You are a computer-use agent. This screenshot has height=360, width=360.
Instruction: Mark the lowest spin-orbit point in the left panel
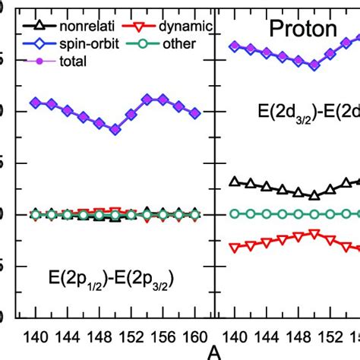pyautogui.click(x=115, y=130)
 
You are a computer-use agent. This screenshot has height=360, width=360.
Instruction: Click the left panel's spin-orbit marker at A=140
pyautogui.click(x=35, y=102)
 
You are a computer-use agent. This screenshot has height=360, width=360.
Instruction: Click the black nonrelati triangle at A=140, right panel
pyautogui.click(x=234, y=182)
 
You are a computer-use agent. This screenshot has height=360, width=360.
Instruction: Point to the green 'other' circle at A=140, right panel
pyautogui.click(x=234, y=214)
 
